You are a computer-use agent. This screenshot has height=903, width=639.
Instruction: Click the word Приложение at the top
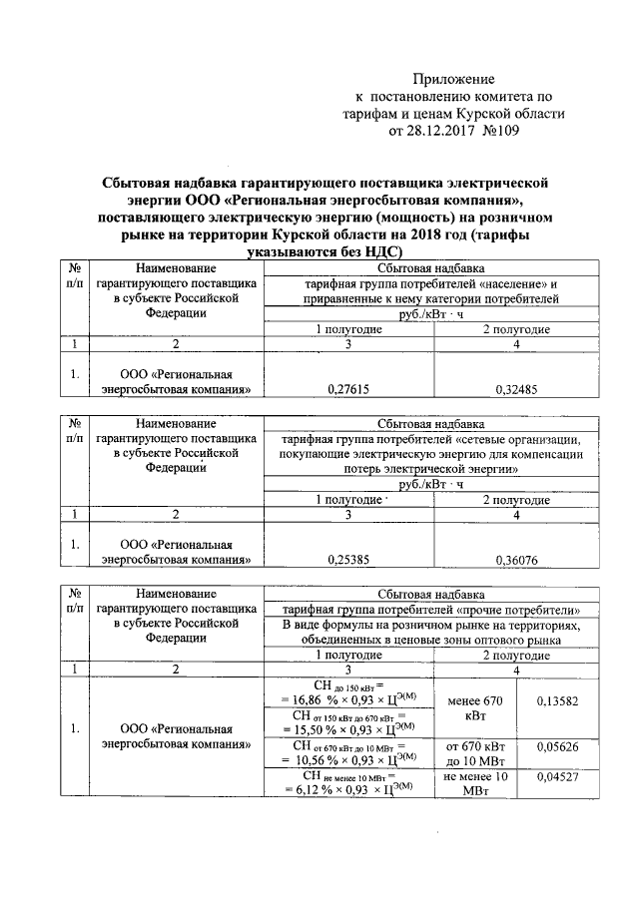pos(454,78)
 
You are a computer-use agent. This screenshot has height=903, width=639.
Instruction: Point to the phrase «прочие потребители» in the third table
pos(539,609)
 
